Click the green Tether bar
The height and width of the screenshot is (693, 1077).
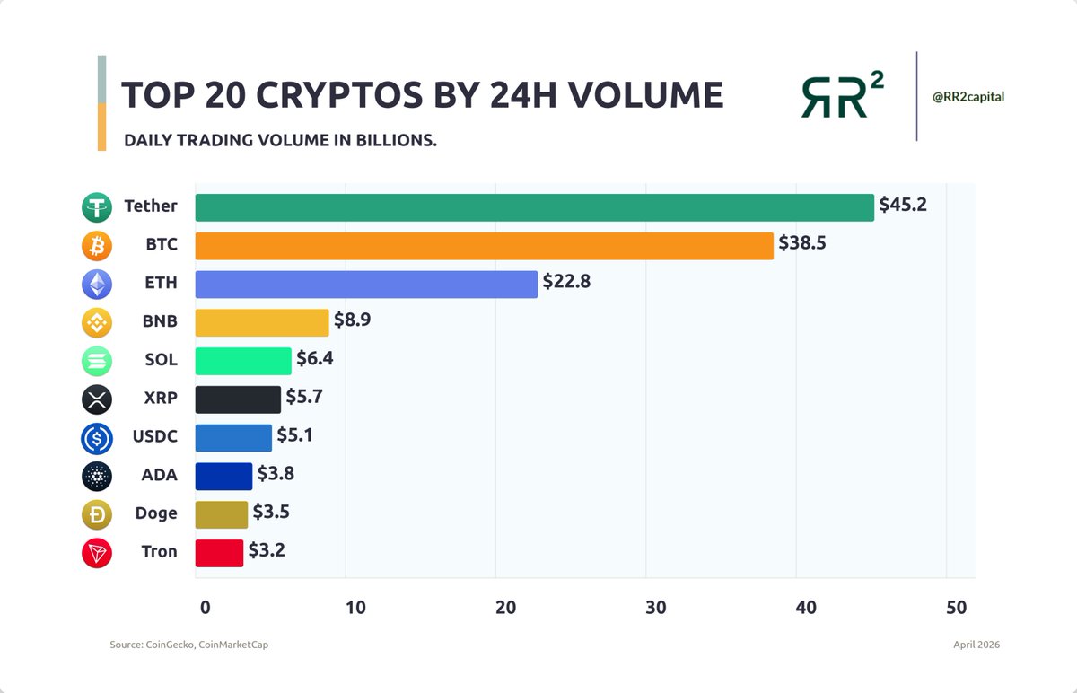pos(534,207)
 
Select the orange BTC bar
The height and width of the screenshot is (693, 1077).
pos(484,246)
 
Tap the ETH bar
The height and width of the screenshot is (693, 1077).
pos(366,285)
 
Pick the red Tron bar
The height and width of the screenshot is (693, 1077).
pos(219,553)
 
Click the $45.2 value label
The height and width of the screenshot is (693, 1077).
pos(903,205)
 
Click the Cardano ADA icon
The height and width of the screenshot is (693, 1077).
pos(96,476)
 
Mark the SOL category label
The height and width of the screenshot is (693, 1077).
pos(161,361)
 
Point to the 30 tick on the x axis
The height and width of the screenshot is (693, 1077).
pos(656,608)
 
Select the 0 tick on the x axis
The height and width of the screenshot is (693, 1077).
pos(206,608)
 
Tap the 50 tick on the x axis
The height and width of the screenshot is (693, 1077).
pos(956,608)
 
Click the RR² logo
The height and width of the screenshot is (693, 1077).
pos(842,96)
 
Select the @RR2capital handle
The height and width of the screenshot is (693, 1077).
pos(969,96)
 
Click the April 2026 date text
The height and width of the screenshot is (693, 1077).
pos(976,645)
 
